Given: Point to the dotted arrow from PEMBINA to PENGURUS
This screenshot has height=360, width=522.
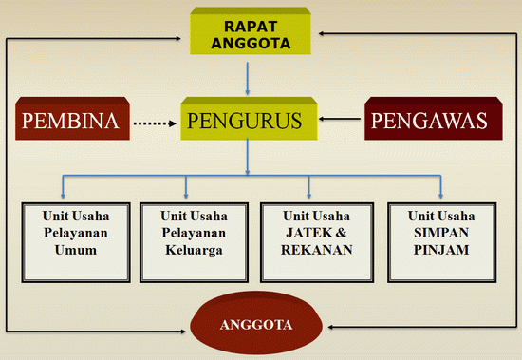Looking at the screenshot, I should tap(156, 122).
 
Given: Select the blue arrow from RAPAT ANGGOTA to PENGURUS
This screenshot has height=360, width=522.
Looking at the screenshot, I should tap(248, 78).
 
